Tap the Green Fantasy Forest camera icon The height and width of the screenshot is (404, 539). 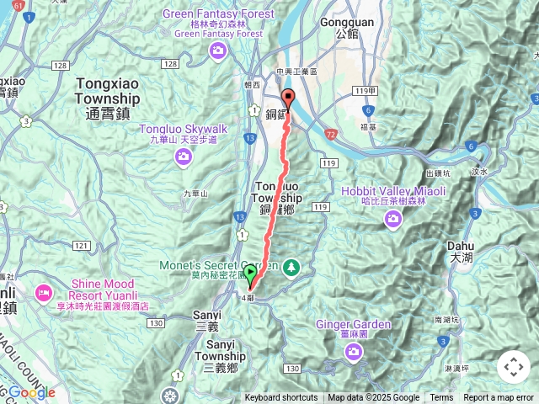[218, 52]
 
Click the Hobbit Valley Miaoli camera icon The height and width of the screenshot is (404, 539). [392, 220]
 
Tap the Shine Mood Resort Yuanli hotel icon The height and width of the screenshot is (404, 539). [42, 293]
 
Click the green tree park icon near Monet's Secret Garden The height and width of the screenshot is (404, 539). [291, 266]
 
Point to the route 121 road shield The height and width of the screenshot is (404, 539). [82, 245]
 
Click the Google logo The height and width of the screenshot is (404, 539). [32, 392]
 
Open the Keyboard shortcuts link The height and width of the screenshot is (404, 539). [281, 398]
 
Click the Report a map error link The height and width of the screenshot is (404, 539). [499, 398]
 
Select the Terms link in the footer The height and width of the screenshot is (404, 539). [441, 398]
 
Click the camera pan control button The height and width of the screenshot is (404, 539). [513, 367]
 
